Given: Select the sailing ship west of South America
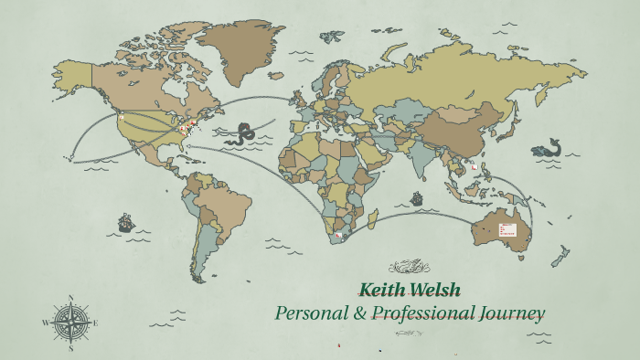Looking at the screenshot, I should pos(125,222).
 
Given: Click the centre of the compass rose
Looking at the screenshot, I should pos(71,322).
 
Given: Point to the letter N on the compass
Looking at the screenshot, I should pos(71,297).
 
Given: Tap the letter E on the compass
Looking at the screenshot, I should pos(95,322).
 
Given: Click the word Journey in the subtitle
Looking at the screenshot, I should pos(512,313).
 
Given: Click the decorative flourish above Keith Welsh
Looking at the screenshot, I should pos(409,267).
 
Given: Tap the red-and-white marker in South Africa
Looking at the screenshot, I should pos(341,236).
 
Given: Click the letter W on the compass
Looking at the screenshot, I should pos(47,323).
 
